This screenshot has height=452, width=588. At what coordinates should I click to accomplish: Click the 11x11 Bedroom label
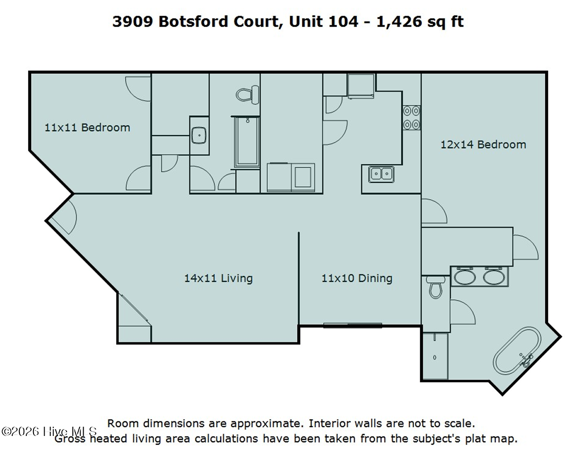pyautogui.click(x=87, y=127)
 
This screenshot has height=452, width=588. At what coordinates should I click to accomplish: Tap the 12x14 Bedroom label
pyautogui.click(x=484, y=144)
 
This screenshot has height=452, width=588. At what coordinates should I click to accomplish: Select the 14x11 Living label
pyautogui.click(x=218, y=278)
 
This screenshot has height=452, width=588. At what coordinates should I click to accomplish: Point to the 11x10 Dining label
pyautogui.click(x=357, y=278)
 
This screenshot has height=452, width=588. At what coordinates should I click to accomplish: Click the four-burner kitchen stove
pyautogui.click(x=411, y=118)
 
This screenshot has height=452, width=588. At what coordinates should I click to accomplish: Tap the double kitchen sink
pyautogui.click(x=381, y=174)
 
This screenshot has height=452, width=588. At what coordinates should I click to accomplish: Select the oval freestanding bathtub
pyautogui.click(x=517, y=350)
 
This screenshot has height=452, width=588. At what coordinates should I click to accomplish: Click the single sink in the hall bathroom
pyautogui.click(x=199, y=135)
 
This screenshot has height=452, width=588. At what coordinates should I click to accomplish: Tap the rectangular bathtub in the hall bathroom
pyautogui.click(x=247, y=142)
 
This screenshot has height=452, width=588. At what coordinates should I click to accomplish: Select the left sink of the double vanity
pyautogui.click(x=465, y=278)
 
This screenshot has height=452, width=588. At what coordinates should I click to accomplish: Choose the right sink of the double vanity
pyautogui.click(x=494, y=278)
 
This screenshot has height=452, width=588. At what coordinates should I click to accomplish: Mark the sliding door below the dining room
pyautogui.click(x=353, y=326)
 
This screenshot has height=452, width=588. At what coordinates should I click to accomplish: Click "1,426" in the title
pyautogui.click(x=399, y=22)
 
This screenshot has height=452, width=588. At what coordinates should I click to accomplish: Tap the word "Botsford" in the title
pyautogui.click(x=193, y=21)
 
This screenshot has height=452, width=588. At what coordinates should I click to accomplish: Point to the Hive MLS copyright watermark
pyautogui.click(x=49, y=431)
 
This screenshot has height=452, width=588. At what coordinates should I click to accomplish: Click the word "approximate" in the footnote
pyautogui.click(x=266, y=424)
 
